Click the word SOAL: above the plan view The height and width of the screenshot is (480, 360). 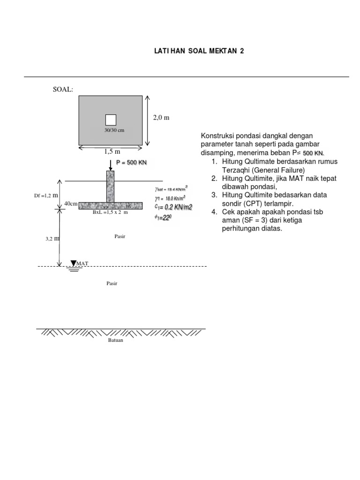pyautogui.click(x=63, y=89)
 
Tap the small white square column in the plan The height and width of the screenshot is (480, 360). pyautogui.click(x=111, y=120)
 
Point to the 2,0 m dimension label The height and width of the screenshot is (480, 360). pyautogui.click(x=161, y=118)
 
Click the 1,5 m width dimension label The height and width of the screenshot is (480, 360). pyautogui.click(x=111, y=151)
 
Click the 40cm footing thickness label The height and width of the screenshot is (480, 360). pyautogui.click(x=71, y=204)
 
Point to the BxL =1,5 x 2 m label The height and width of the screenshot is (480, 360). pyautogui.click(x=110, y=212)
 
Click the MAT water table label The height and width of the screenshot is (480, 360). pyautogui.click(x=82, y=264)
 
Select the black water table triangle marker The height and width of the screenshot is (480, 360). pyautogui.click(x=74, y=263)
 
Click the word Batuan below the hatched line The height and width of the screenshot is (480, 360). pyautogui.click(x=115, y=341)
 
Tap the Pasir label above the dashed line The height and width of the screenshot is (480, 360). pyautogui.click(x=120, y=237)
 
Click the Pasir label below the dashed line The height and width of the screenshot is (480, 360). pyautogui.click(x=112, y=283)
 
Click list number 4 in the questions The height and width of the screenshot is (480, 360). pyautogui.click(x=214, y=212)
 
